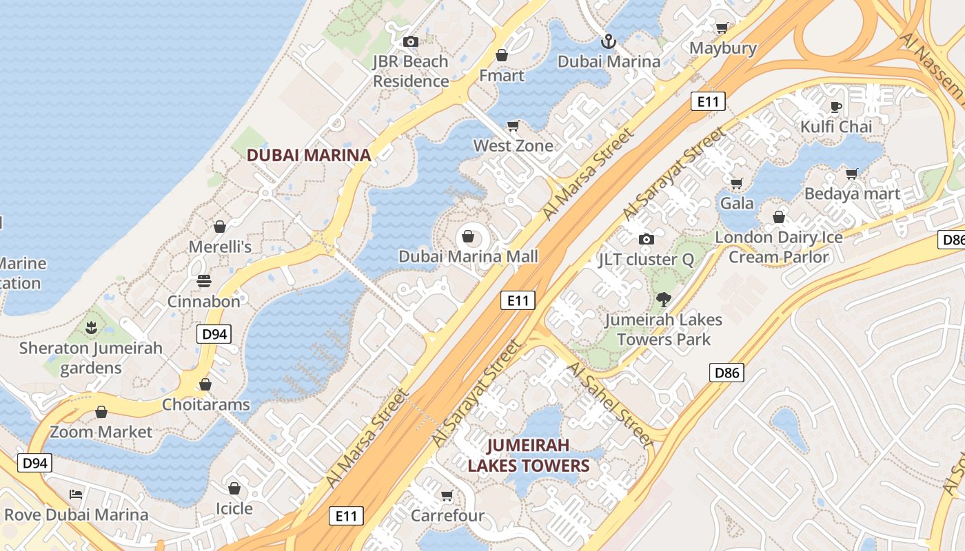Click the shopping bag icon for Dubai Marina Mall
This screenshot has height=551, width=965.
[x=469, y=237]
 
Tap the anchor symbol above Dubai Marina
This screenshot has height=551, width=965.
[x=608, y=41]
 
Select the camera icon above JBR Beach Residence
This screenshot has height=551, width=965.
[x=411, y=42]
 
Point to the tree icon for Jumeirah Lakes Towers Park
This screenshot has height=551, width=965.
[x=663, y=300]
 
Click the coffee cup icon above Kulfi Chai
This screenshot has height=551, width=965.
[x=836, y=107]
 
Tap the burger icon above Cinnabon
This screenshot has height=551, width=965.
[x=204, y=281]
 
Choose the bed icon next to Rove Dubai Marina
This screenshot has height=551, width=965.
[x=76, y=495]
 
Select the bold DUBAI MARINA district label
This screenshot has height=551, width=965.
[x=309, y=155]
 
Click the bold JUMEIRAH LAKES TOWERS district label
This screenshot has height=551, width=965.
[x=529, y=455]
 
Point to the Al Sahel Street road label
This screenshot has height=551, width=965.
[x=609, y=404]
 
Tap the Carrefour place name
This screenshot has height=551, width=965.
[x=447, y=516]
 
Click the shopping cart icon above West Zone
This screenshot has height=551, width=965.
[x=513, y=125]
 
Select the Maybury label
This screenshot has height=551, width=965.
[x=723, y=48]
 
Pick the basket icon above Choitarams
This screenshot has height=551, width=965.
[x=205, y=384]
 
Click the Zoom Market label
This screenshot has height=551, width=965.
[x=101, y=432]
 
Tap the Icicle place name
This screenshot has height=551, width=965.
[x=234, y=508]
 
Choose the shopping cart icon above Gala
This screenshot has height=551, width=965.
[x=736, y=183]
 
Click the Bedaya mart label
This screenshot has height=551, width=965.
[x=852, y=194]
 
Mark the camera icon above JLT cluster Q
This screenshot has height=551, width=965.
[x=646, y=239]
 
